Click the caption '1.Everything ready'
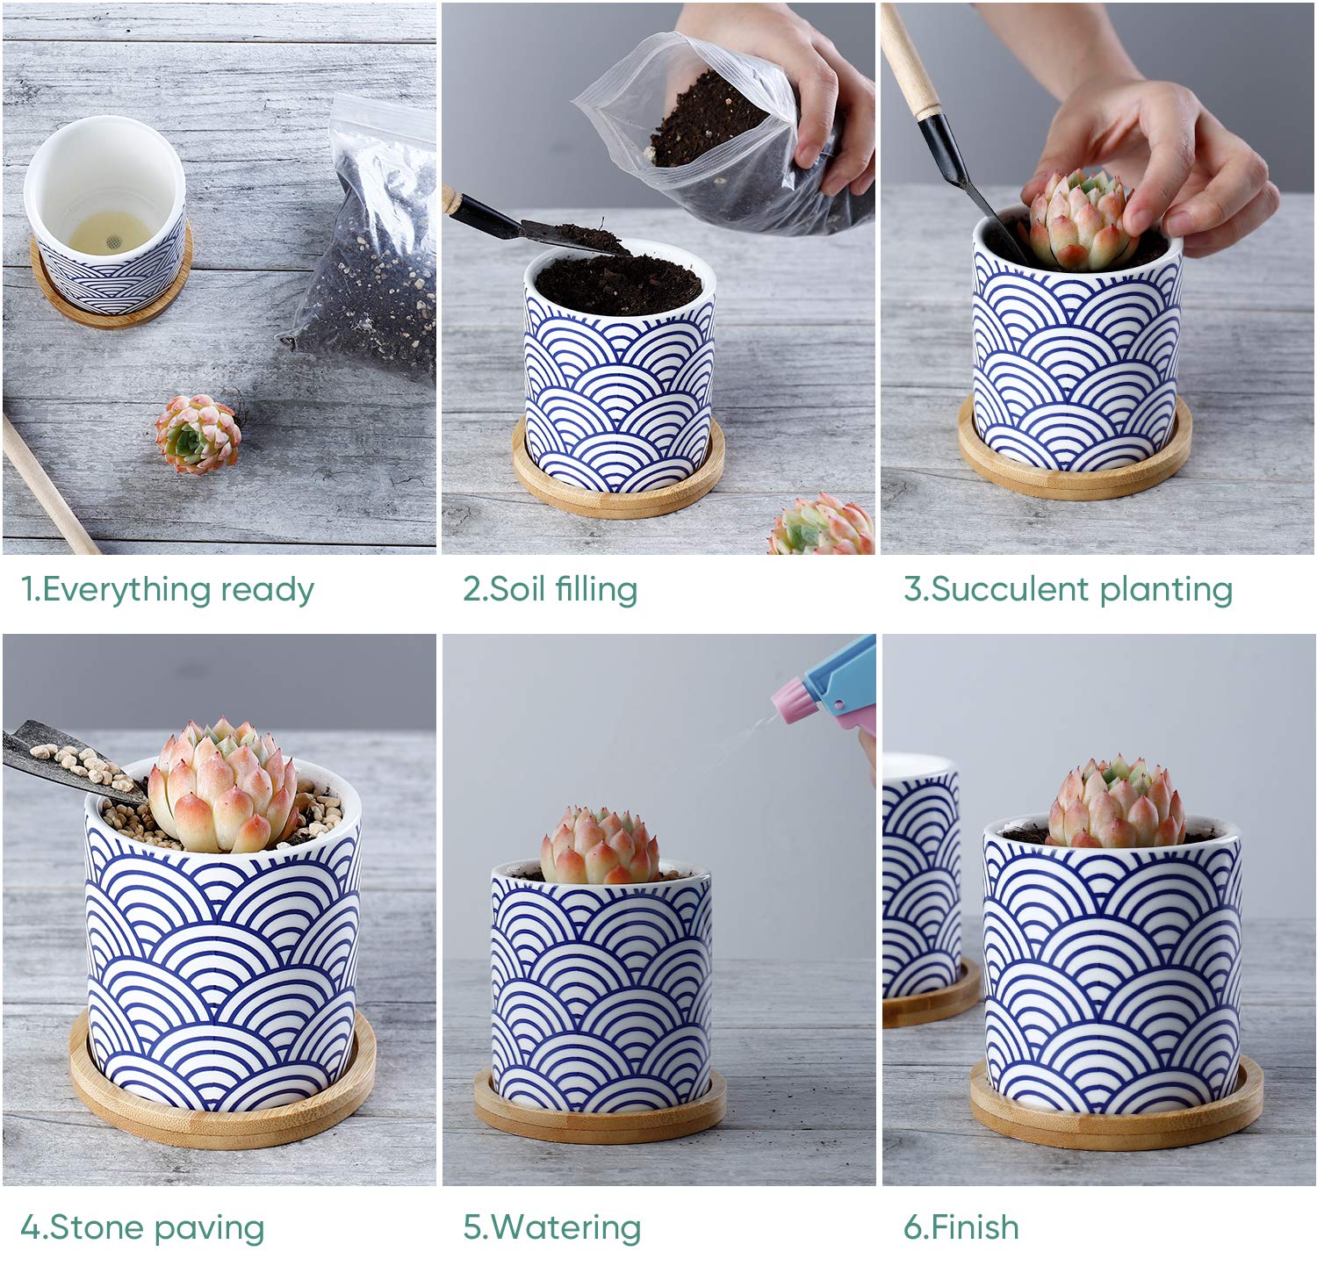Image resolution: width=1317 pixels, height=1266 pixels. (x=167, y=590)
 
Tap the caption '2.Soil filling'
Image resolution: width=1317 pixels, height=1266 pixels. (x=550, y=589)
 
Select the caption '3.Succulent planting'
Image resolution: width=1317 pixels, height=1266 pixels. (x=1068, y=589)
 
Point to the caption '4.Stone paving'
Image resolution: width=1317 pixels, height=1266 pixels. (x=142, y=1227)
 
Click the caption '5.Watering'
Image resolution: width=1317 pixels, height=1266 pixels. (x=551, y=1227)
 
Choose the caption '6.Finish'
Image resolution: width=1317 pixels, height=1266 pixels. (x=961, y=1226)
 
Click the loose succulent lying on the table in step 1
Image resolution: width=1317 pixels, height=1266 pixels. (x=198, y=435)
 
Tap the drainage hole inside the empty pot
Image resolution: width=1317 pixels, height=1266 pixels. (x=111, y=237)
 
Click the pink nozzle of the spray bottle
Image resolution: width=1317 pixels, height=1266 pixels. (x=794, y=701)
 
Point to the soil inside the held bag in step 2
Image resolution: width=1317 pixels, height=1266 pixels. (x=707, y=123)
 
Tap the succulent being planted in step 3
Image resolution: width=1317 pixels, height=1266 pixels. (x=1078, y=221)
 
